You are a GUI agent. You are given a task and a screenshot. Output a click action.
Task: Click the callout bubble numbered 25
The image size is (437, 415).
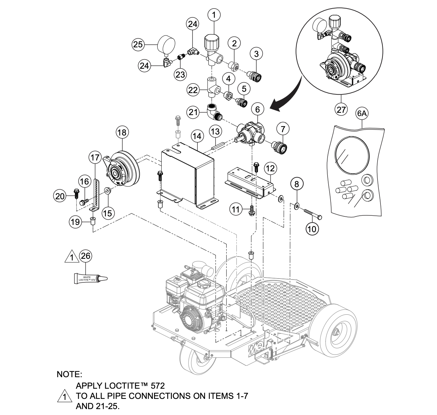point(138,44)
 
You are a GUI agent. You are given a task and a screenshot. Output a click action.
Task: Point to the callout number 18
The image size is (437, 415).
point(122,133)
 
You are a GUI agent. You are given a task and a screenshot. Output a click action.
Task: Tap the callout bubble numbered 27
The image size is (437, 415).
point(341,109)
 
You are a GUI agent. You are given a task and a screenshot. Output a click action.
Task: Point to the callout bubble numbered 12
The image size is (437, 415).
point(270,169)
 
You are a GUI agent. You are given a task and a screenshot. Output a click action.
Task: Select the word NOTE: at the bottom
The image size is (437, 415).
point(69,374)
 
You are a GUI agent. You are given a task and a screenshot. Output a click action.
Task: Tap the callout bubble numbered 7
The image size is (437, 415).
point(283,129)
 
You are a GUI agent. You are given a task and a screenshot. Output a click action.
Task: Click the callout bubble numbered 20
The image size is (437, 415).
point(60,196)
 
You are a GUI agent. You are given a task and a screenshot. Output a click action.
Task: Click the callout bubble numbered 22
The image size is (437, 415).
point(194,90)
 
